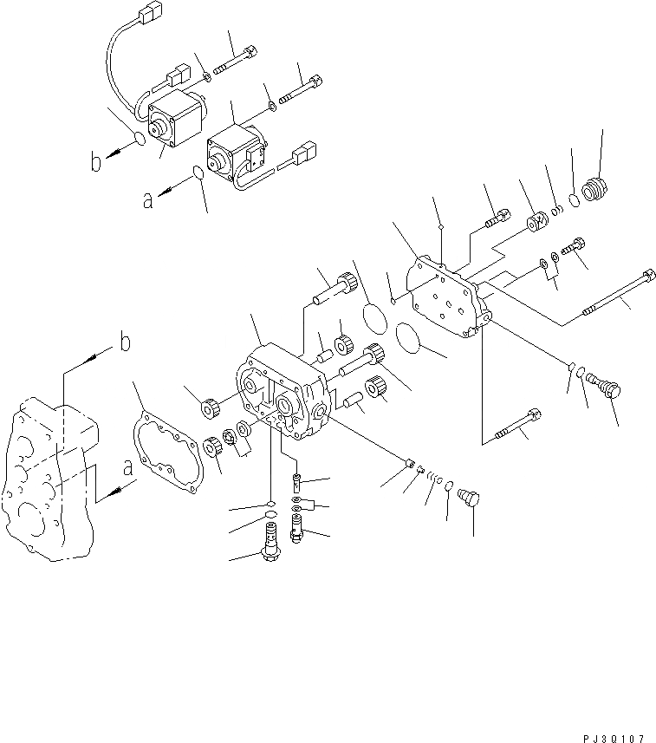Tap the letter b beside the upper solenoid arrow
pos(98,161)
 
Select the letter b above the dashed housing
pos(125,343)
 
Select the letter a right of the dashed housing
pos(128,469)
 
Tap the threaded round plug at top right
pos(594,188)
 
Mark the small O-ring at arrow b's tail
pos(140,141)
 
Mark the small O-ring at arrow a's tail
pos(198,174)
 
